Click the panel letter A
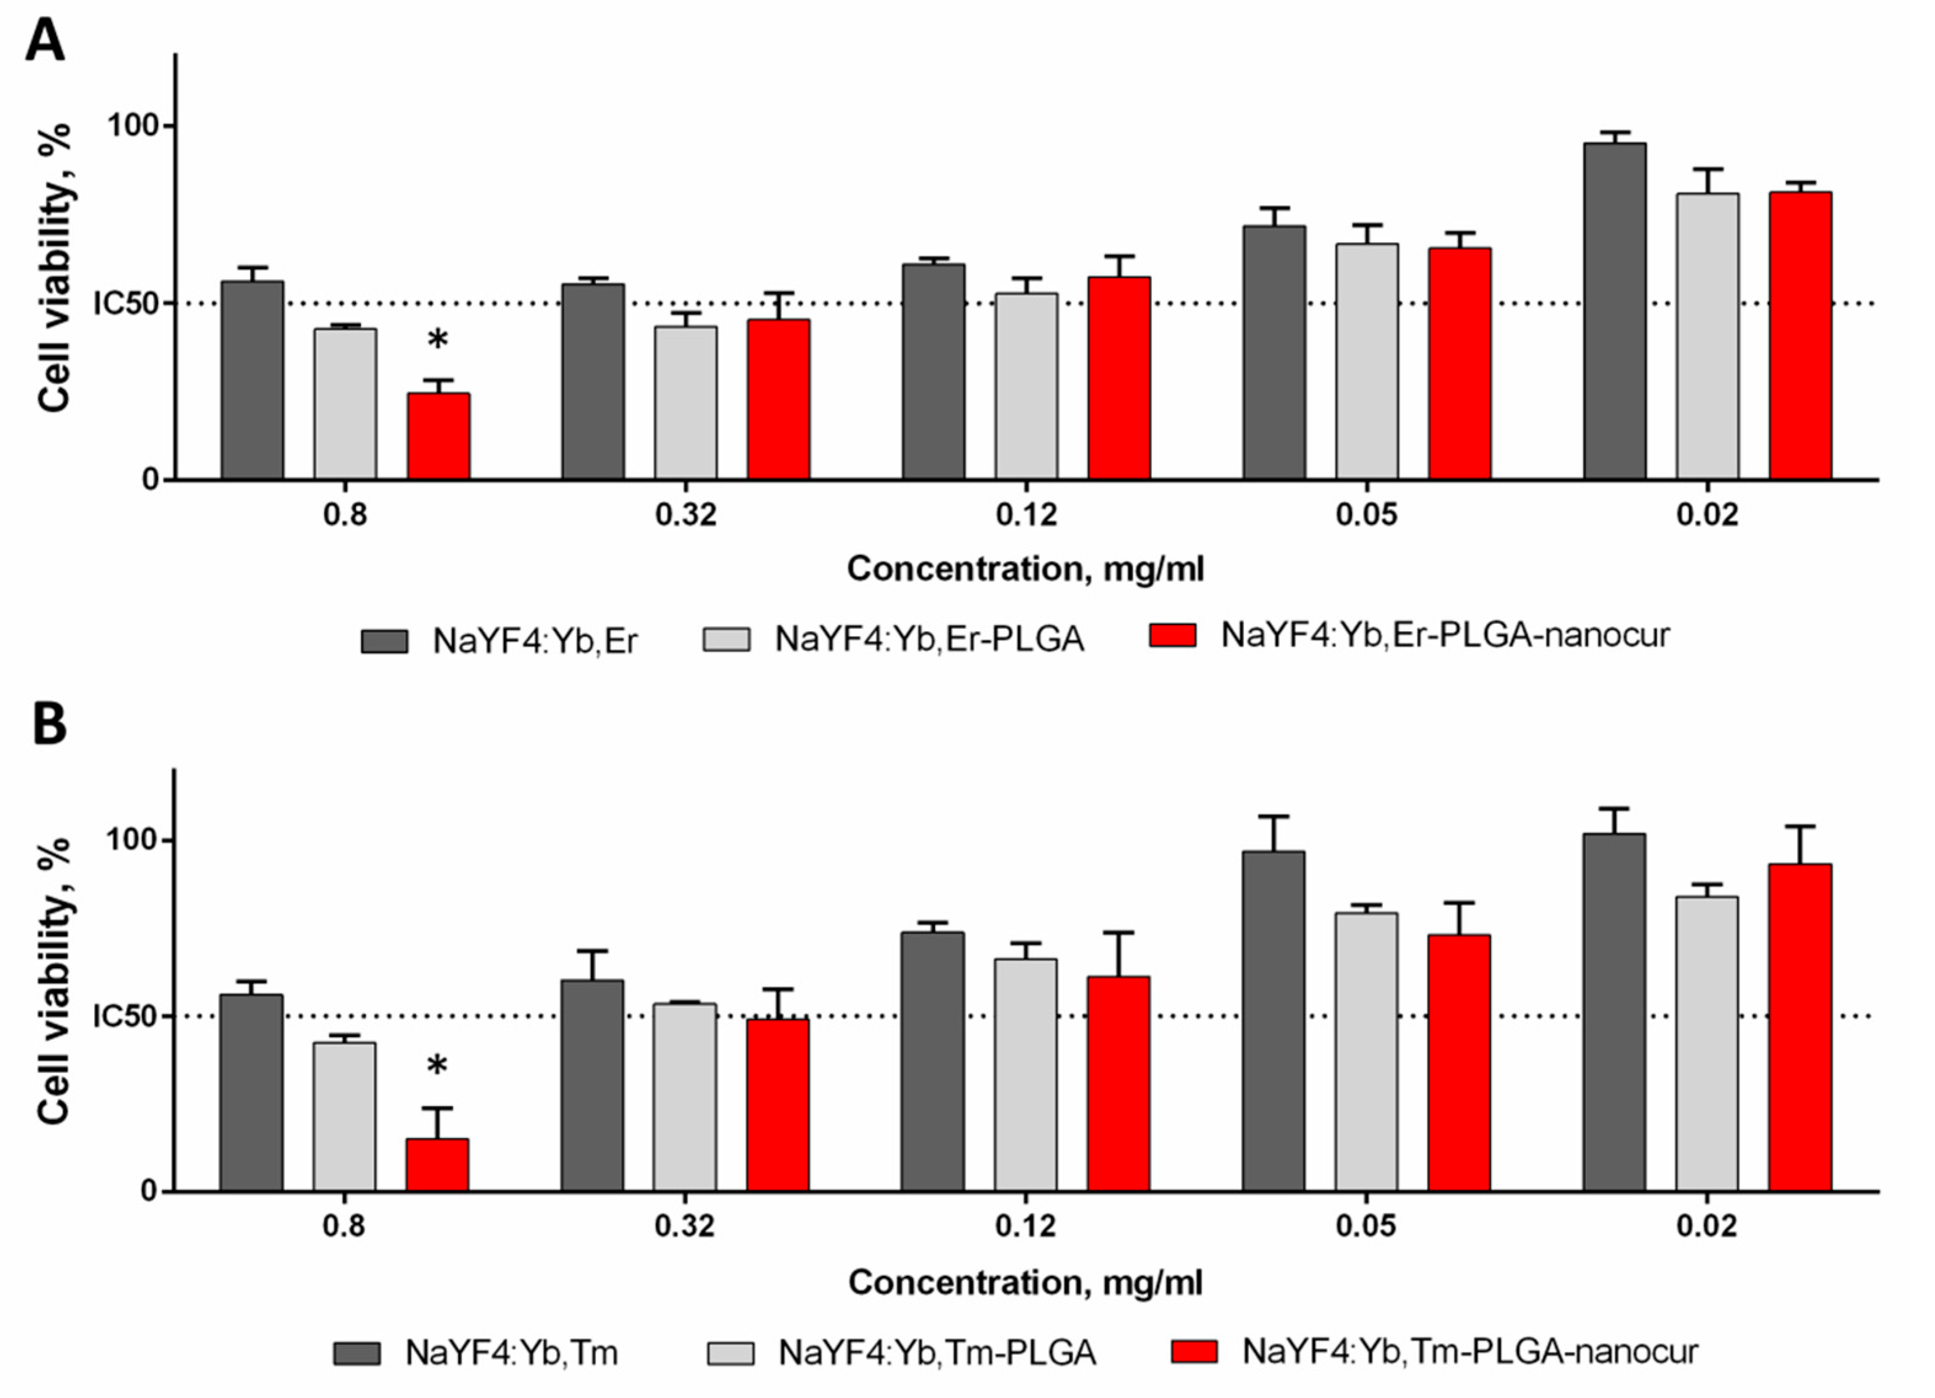(x=45, y=41)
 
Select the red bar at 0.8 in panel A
(x=438, y=436)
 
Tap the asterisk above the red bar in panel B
(x=437, y=1066)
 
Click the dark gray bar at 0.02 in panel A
(x=1615, y=312)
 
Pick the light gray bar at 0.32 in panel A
(x=686, y=403)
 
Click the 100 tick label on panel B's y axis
(x=132, y=839)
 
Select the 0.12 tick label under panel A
(x=1027, y=515)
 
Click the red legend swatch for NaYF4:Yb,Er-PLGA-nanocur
(x=1172, y=635)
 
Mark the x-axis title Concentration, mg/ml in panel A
(x=1025, y=569)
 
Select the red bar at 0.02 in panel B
(x=1800, y=1028)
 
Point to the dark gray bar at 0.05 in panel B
(x=1273, y=1021)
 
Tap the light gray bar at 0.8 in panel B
(x=344, y=1117)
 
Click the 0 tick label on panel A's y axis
(x=150, y=480)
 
